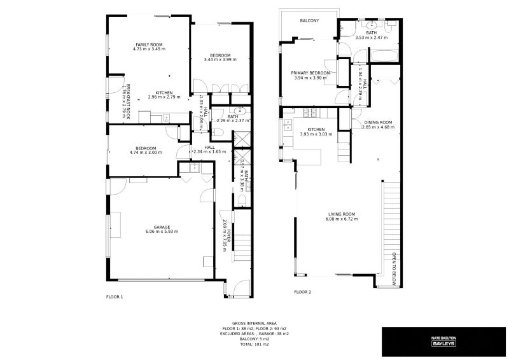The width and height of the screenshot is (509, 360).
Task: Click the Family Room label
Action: (149, 44)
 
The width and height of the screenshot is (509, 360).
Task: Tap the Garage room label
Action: (161, 227)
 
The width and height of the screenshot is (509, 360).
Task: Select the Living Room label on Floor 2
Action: (342, 214)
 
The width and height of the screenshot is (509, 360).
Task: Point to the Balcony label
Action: (309, 21)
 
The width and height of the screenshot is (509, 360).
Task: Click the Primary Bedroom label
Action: (310, 73)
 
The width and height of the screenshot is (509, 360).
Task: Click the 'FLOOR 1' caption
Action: (115, 296)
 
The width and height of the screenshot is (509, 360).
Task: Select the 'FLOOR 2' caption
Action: (302, 292)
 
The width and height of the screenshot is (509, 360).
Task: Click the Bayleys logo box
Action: (443, 342)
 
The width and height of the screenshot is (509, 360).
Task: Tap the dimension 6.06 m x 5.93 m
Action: (161, 232)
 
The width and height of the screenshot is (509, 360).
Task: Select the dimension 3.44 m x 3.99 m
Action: (220, 60)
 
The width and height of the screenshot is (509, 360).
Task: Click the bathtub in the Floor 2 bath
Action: (384, 56)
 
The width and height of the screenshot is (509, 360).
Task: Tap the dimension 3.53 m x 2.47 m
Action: (372, 38)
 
